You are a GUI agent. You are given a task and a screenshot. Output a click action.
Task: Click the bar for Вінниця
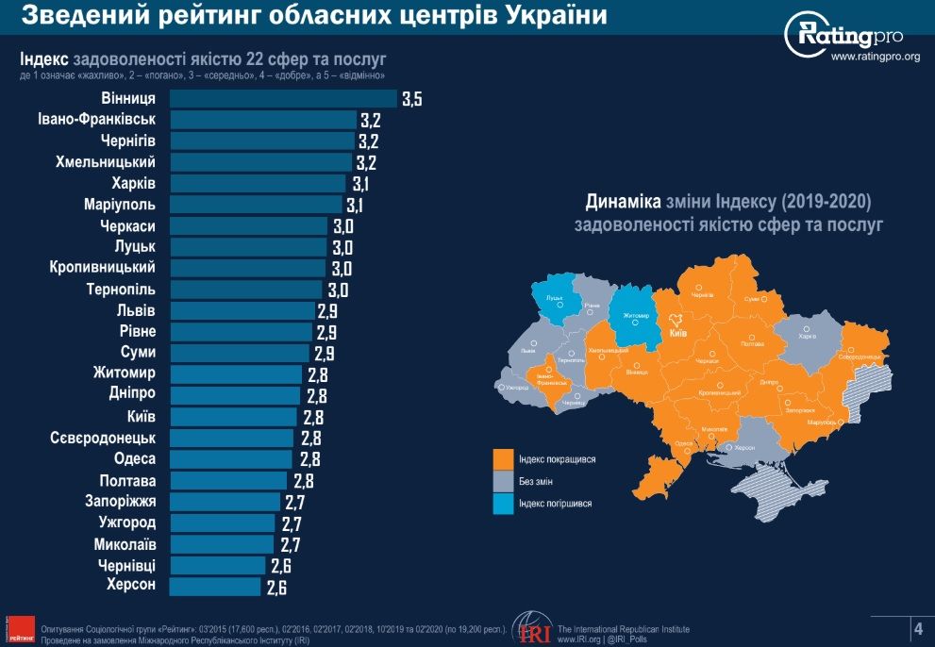click(283, 98)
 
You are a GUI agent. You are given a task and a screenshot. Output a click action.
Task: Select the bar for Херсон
click(215, 587)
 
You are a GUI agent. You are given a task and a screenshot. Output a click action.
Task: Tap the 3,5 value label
click(411, 99)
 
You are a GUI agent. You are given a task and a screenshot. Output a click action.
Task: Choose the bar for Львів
click(242, 311)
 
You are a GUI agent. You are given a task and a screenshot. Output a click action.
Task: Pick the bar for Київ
click(233, 417)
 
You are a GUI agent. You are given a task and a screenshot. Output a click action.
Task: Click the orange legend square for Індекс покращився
click(502, 459)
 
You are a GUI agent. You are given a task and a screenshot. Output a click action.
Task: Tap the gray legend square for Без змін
click(502, 482)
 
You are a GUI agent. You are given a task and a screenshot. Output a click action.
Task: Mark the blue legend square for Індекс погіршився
click(502, 504)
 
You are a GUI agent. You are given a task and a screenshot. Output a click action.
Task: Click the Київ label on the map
click(677, 333)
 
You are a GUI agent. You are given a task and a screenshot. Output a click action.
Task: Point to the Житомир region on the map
click(635, 316)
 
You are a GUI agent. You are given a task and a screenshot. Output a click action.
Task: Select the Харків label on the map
click(807, 336)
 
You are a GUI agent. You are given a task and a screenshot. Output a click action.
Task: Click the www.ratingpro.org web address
click(875, 57)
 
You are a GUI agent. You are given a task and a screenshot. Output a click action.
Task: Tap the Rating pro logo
click(843, 36)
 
